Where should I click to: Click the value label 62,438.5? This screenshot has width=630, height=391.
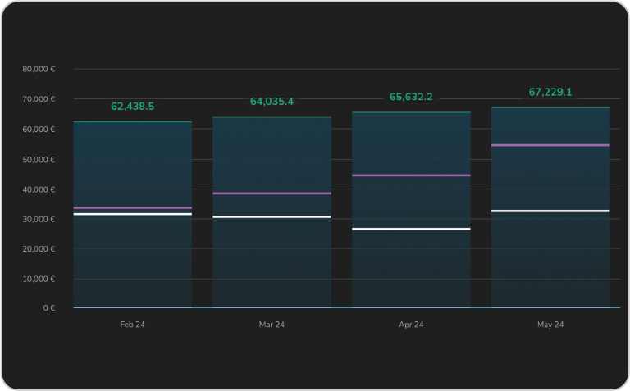(132, 107)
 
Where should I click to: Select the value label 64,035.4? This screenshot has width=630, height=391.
(272, 102)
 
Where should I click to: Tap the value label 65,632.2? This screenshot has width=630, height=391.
(411, 97)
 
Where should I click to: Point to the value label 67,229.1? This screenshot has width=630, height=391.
(550, 93)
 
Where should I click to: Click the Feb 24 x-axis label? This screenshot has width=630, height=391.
(132, 325)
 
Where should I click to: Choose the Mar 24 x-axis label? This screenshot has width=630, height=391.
(272, 325)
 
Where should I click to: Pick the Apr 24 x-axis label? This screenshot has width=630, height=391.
(411, 325)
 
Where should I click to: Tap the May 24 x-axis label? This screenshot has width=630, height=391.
(550, 325)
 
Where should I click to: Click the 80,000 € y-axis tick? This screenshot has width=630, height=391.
(39, 69)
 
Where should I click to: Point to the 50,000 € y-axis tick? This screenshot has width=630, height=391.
(39, 159)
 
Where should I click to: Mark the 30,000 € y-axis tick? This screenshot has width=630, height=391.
(39, 219)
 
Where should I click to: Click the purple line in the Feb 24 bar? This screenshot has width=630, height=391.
(132, 208)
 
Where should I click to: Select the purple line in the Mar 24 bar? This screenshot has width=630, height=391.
(272, 193)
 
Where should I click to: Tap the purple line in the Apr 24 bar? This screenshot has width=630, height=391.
(411, 175)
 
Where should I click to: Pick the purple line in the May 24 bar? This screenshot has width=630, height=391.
(550, 145)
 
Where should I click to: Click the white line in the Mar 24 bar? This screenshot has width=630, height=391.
(272, 217)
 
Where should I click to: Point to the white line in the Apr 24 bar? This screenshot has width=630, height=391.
(411, 229)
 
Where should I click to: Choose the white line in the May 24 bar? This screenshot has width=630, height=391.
(550, 211)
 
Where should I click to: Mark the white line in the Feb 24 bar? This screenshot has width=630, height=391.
(132, 214)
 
